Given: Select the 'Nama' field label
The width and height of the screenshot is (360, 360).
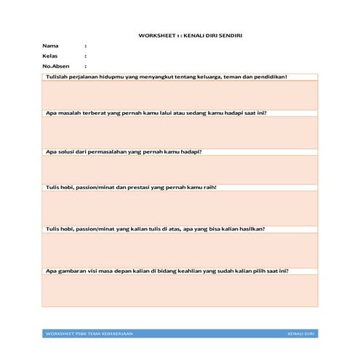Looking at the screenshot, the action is point(50,46).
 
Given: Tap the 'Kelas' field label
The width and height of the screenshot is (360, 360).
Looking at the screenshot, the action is point(50,56).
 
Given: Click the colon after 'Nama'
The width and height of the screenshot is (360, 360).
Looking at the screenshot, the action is point(86,46).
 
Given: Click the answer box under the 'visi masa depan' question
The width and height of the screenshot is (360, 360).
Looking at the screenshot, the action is point(180,290).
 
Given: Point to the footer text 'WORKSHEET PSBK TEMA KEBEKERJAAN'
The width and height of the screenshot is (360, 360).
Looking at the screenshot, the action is point(89,334).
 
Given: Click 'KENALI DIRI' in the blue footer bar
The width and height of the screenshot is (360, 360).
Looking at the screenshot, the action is point(300,334).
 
